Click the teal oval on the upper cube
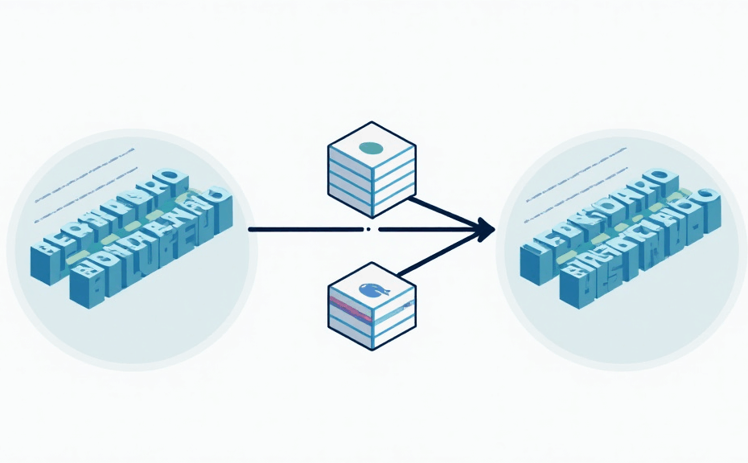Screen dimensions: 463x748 (x=372, y=147)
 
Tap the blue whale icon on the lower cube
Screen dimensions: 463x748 (x=372, y=292)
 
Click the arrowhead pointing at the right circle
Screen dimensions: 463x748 (x=485, y=229)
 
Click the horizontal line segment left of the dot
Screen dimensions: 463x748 (x=306, y=229)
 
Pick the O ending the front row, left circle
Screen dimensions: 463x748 (x=217, y=195)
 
